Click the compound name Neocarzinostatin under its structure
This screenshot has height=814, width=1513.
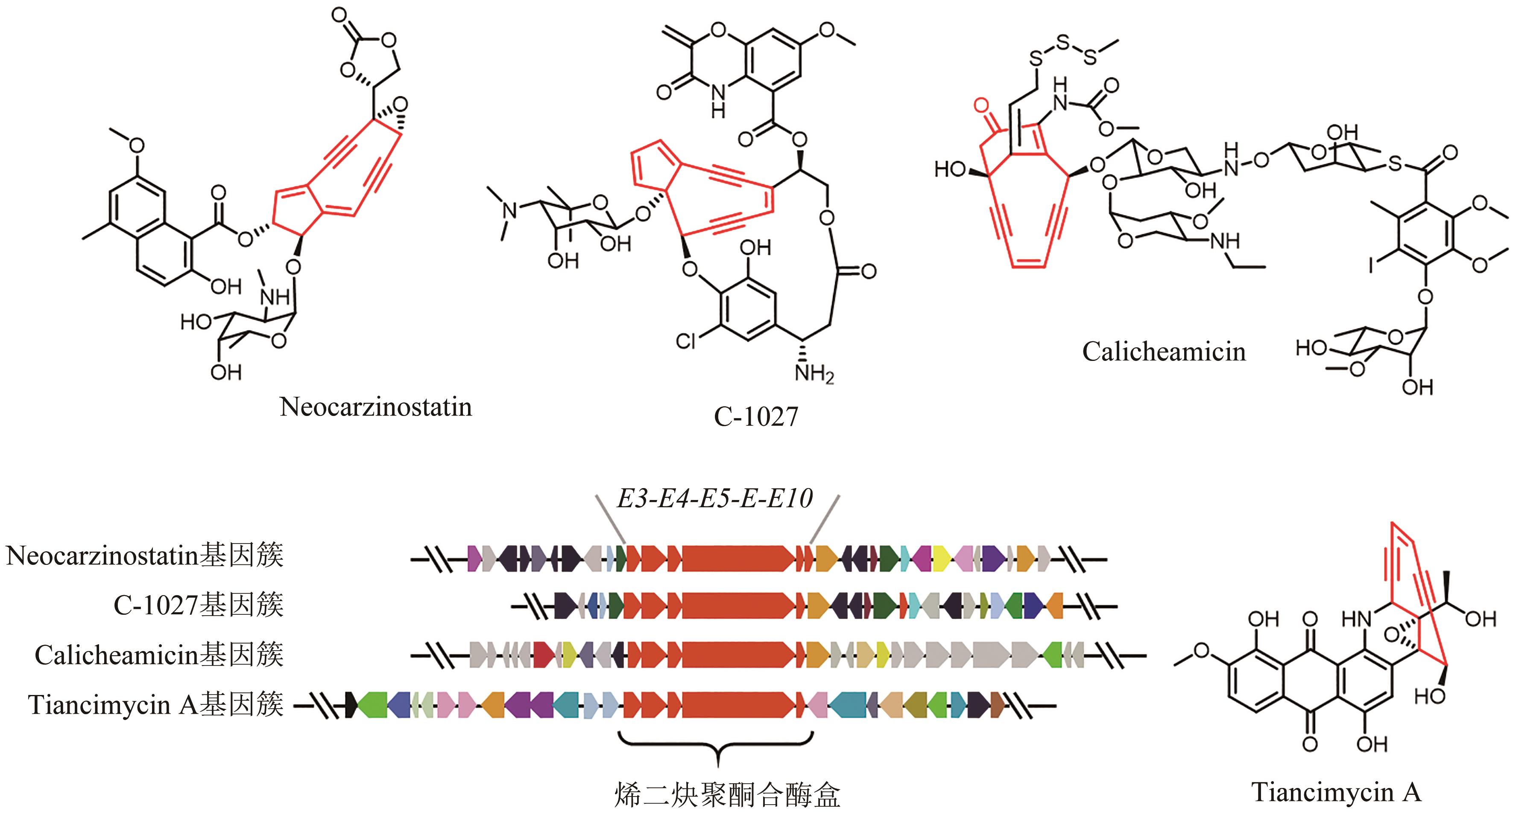(375, 407)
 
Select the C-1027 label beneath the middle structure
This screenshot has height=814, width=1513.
(756, 417)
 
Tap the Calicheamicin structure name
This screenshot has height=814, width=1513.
(1164, 352)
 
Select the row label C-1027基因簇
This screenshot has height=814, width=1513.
(198, 605)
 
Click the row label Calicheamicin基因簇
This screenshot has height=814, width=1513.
(158, 655)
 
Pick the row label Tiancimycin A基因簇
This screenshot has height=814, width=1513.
(155, 705)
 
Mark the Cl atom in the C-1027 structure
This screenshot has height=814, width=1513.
(685, 340)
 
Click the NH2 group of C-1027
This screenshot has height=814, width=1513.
(814, 373)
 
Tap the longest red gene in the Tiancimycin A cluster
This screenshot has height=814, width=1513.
(737, 704)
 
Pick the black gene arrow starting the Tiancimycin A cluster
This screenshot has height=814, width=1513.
(351, 704)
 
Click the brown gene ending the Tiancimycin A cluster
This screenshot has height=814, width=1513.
(997, 704)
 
